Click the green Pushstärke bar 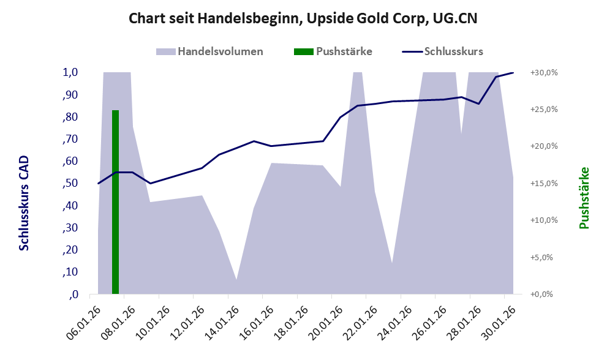115,202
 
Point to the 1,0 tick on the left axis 70,72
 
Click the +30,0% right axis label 543,72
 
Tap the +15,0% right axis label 543,183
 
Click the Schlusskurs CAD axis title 24,203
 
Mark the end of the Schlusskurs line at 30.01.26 513,73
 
